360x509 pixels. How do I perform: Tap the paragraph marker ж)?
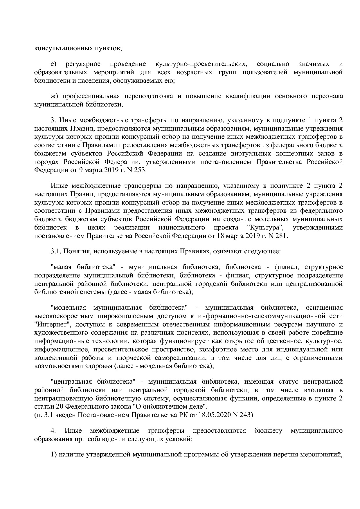[x=54, y=96]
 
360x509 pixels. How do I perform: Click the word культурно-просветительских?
[x=201, y=64]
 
